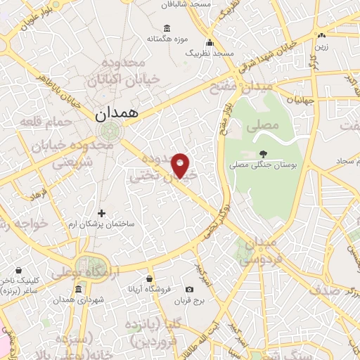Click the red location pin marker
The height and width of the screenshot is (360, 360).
[x=181, y=165]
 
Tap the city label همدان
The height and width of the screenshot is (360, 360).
[x=117, y=112]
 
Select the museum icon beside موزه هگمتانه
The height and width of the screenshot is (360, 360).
[x=166, y=28]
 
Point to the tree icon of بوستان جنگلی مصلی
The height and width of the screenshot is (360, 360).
[x=263, y=154]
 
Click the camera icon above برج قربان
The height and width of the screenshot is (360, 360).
[x=189, y=289]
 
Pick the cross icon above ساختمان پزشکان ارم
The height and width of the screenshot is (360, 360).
[x=101, y=212]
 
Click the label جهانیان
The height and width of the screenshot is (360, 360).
[x=304, y=101]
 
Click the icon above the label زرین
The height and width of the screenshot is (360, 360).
[x=321, y=35]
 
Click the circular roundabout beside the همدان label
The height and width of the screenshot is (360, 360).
[x=108, y=131]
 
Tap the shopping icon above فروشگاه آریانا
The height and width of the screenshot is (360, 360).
[x=149, y=279]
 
